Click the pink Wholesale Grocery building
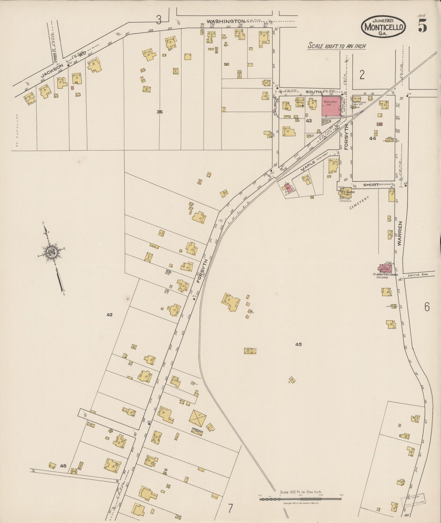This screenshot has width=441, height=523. click(x=331, y=106)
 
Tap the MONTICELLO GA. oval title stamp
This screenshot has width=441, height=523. click(x=384, y=27)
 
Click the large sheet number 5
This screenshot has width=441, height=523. click(x=422, y=27)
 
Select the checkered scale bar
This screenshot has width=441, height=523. click(x=300, y=499)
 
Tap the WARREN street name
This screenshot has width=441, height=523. click(x=401, y=234)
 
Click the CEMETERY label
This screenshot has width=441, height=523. click(x=360, y=203)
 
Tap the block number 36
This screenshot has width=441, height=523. click(x=160, y=112)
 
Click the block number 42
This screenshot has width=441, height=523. click(x=110, y=315)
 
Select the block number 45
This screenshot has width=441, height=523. click(x=298, y=344)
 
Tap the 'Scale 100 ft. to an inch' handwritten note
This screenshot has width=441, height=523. click(x=336, y=46)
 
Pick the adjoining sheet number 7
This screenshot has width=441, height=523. click(x=230, y=508)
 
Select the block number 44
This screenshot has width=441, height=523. click(x=372, y=138)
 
